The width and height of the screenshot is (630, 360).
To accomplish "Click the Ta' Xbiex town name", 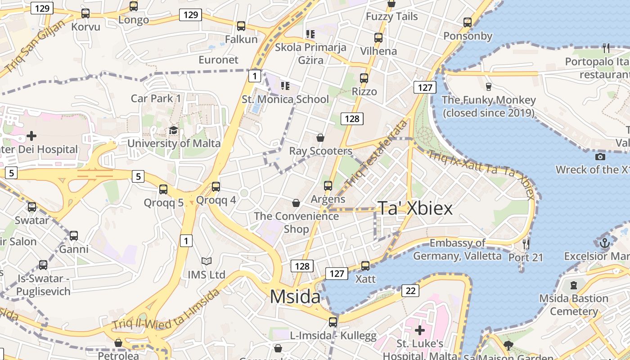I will pos(415,208).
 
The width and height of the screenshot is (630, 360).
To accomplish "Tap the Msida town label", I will pos(295,297).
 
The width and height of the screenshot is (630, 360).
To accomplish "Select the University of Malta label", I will pos(174,144).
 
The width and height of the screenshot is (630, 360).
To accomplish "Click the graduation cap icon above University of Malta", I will pos(173,130).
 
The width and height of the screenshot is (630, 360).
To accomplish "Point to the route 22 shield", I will pos(410,291).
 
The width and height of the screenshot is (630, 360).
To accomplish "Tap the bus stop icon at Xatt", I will pos(365,266).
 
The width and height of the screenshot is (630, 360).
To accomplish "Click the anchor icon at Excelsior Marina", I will pos(604,243).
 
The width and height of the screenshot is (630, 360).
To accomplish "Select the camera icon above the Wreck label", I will pos(600,157).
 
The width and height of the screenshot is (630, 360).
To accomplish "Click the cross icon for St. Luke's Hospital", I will pos(420,331).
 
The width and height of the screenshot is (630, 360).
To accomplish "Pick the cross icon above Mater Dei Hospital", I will pos(31,135).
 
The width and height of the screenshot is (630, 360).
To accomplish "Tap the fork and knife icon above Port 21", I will pos(526,244).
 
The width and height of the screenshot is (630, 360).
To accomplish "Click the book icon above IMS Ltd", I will pos(207,261).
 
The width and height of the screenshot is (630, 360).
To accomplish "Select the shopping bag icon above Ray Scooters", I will pos(320,137).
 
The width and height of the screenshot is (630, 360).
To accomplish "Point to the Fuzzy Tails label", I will pos(391,17).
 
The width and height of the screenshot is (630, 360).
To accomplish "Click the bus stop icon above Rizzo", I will pos(364,78).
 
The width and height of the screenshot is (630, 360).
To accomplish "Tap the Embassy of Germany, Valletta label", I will pos(457,249).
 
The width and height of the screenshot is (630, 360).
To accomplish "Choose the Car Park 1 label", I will pos(156,98).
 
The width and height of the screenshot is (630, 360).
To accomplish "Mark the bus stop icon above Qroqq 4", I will pos(216,186).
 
